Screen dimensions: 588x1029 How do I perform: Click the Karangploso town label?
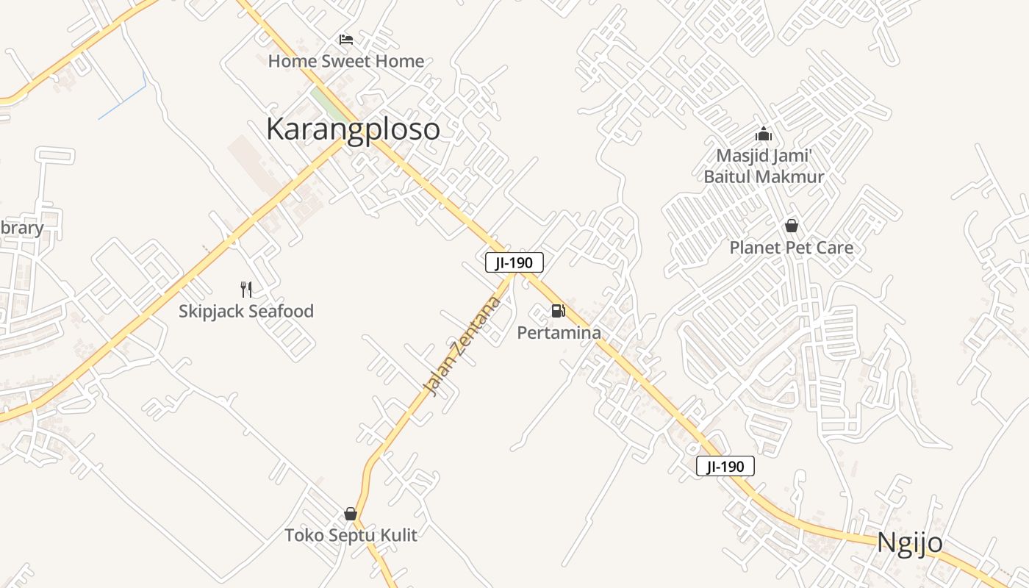[353, 129]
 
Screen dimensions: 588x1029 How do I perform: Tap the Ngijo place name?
[909, 542]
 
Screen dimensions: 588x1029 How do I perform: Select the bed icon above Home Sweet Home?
[346, 39]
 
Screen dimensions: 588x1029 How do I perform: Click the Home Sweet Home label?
[345, 61]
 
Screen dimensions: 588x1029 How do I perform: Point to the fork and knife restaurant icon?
[246, 289]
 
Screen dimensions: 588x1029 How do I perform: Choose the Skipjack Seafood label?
[246, 311]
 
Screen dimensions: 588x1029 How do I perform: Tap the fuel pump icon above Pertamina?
[559, 311]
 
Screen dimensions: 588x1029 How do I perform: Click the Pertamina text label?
[559, 333]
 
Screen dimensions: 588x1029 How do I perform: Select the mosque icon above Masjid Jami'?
[764, 134]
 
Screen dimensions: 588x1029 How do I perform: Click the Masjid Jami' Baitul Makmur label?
[764, 166]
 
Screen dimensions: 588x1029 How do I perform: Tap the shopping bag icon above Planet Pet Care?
[792, 226]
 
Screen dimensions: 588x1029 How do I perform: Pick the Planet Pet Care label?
[792, 248]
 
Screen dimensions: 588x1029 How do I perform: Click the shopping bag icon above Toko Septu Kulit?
[351, 514]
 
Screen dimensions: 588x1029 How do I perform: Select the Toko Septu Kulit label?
[351, 535]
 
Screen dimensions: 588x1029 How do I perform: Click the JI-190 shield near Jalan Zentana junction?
[514, 262]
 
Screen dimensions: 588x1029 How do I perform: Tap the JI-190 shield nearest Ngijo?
[725, 466]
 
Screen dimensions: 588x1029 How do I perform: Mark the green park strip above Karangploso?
[329, 104]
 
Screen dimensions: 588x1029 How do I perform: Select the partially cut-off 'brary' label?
[21, 228]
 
